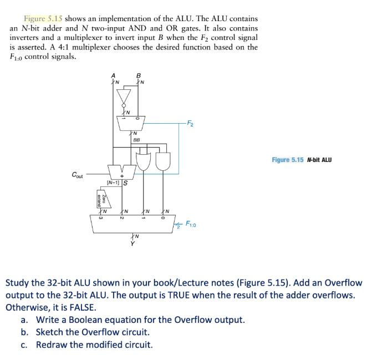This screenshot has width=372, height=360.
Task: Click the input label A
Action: [x=113, y=77]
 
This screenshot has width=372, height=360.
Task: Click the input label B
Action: [x=139, y=77]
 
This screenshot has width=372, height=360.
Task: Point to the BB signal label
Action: [x=136, y=140]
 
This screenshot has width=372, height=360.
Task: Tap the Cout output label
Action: [x=78, y=175]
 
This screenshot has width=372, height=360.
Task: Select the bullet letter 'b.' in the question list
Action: [x=24, y=332]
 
